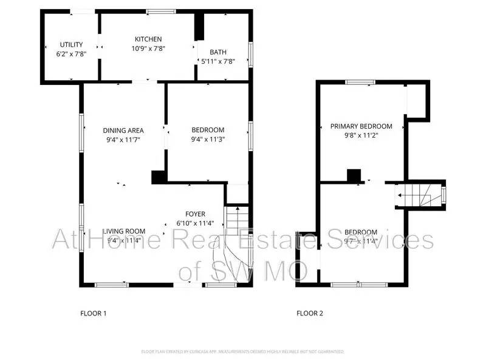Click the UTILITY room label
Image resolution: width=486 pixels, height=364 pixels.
coord(71,44)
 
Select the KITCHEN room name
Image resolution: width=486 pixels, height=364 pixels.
coord(148,39)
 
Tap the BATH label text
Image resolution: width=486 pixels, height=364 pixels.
coord(217,52)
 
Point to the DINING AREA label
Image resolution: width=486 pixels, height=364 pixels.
coord(123,130)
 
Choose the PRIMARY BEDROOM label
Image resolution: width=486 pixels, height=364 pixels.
coord(361,126)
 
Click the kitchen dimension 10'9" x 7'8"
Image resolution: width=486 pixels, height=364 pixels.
coord(148,48)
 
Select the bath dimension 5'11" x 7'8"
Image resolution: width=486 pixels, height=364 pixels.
coord(217,61)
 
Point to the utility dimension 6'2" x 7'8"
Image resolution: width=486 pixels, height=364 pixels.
coord(71,53)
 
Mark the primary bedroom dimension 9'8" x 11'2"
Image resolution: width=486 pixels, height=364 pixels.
coord(361,135)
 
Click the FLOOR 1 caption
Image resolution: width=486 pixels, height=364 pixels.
coord(94,314)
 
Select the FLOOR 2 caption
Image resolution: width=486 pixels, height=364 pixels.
coord(310,314)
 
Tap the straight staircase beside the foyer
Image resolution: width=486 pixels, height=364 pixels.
coord(238,218)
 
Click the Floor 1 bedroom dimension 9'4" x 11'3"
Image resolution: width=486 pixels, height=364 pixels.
coord(208,139)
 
